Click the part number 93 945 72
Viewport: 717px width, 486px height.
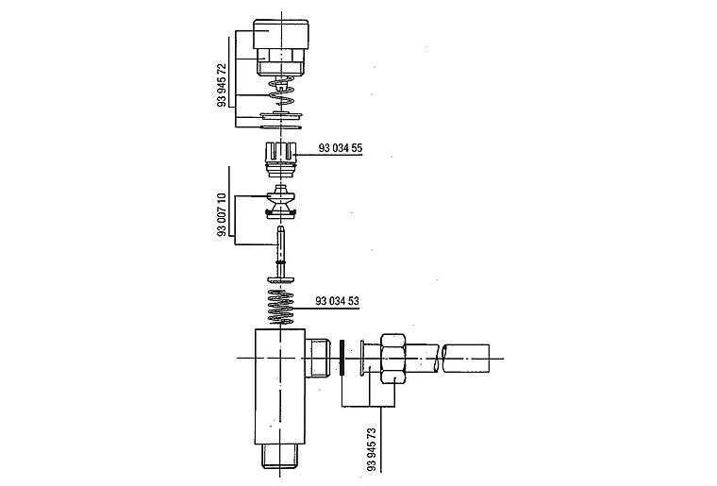(222, 85)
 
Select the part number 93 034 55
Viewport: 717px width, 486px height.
(341, 148)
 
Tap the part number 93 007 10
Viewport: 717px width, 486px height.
(222, 214)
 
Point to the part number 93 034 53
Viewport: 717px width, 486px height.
(337, 301)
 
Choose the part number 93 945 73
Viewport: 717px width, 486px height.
(371, 449)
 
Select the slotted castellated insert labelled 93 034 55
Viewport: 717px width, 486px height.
(280, 159)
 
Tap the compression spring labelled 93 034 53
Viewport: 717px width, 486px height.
(280, 308)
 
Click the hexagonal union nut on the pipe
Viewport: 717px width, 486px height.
(393, 359)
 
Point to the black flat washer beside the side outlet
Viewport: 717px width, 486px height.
(342, 358)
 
